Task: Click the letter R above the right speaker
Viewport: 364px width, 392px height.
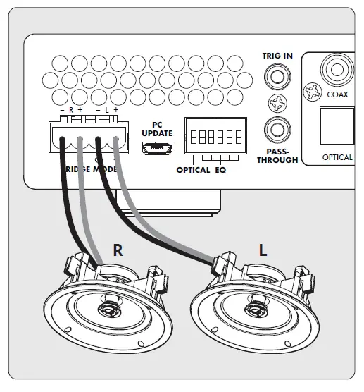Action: click(118, 248)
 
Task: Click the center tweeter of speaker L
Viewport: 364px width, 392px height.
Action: click(252, 310)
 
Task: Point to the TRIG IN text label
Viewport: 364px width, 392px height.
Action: click(276, 54)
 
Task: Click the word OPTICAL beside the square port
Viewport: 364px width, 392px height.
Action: click(337, 157)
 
